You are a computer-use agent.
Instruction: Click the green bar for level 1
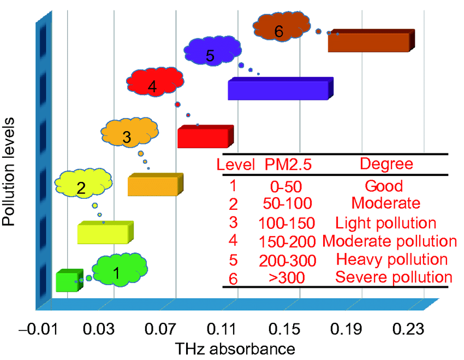(x=68, y=281)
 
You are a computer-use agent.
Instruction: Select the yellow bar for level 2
(x=104, y=234)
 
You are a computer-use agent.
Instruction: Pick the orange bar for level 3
(x=153, y=186)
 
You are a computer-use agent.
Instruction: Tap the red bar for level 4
(x=203, y=138)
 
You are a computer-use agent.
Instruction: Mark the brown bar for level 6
(x=369, y=42)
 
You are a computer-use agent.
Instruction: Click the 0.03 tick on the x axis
(x=98, y=330)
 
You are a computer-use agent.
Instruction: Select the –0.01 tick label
(x=35, y=330)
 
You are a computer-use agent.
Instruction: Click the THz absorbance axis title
(x=235, y=349)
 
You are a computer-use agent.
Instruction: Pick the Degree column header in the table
(x=386, y=164)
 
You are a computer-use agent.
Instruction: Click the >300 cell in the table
(x=287, y=277)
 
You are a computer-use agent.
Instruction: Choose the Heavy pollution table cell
(x=392, y=259)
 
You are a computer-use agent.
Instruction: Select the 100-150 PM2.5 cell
(x=287, y=223)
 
